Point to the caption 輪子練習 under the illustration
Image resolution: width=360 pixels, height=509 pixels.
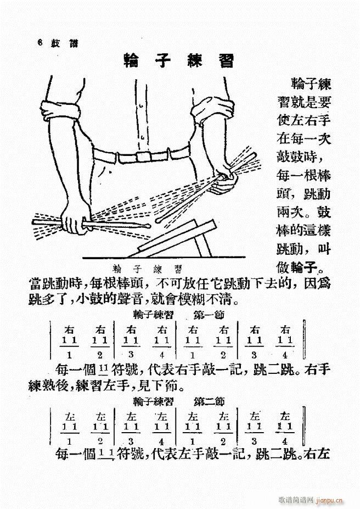[147, 268]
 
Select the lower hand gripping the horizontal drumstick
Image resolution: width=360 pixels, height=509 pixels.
[72, 222]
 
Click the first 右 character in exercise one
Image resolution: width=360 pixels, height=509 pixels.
[69, 330]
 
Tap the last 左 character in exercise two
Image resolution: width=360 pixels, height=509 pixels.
[284, 416]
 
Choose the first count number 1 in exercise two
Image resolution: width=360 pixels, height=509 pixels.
[69, 441]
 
